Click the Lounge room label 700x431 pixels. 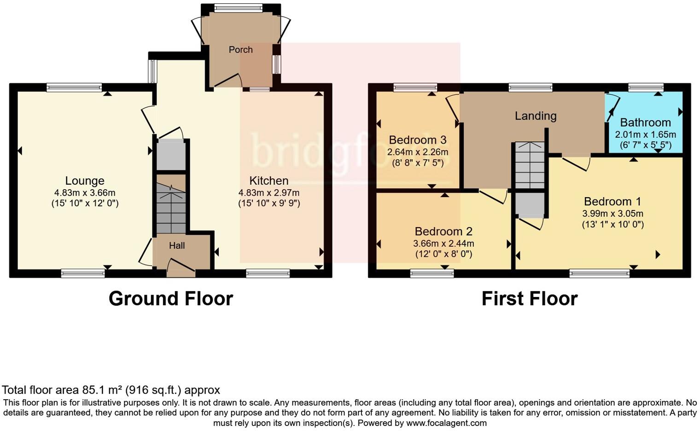[x=85, y=181]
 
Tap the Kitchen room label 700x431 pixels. [x=269, y=181]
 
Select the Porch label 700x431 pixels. [x=240, y=50]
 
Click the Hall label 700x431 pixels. [x=177, y=246]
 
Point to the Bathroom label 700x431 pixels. [x=645, y=122]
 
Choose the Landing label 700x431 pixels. [x=536, y=116]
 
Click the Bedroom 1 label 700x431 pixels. [x=612, y=202]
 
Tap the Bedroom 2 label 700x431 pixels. [x=443, y=232]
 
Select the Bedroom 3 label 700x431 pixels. [x=418, y=140]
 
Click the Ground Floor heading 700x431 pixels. [x=171, y=299]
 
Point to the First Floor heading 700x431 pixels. [x=530, y=299]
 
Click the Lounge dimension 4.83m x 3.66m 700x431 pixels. [x=85, y=193]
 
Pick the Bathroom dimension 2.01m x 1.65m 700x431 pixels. [x=645, y=135]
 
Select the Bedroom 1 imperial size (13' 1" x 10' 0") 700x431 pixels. [x=612, y=225]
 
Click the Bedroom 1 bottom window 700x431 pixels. [x=599, y=274]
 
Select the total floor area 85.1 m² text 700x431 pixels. [x=111, y=390]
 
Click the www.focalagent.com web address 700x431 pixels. [x=445, y=423]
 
